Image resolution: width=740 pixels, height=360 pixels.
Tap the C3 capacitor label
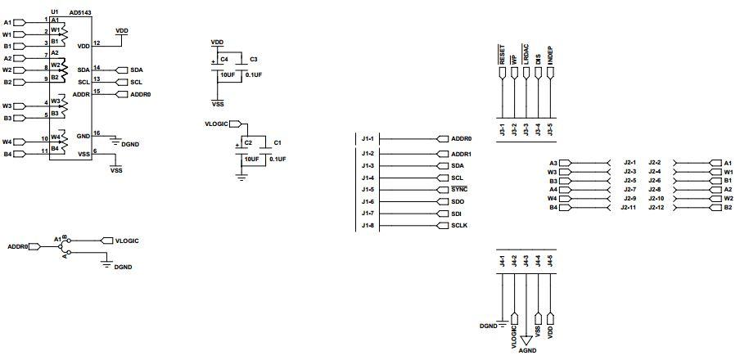(254, 60)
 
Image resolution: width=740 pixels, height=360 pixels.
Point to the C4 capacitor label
(223, 60)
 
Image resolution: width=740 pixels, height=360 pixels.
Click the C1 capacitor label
(277, 142)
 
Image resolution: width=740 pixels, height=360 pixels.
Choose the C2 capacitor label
(247, 142)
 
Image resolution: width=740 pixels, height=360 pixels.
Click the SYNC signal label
(459, 189)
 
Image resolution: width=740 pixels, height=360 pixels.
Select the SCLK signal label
(460, 226)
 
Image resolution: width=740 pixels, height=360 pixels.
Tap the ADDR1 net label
(462, 153)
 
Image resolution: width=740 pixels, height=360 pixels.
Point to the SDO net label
(458, 201)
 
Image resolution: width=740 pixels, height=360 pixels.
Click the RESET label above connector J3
(501, 55)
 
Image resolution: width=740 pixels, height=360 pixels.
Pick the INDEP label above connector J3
(550, 56)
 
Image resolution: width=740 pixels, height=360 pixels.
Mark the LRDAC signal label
(526, 55)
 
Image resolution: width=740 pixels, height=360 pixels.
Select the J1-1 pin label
(368, 138)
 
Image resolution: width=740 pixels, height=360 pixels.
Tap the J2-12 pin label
(657, 208)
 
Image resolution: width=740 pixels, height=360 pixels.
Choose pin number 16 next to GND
(97, 133)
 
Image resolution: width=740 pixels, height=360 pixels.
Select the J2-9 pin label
(630, 197)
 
